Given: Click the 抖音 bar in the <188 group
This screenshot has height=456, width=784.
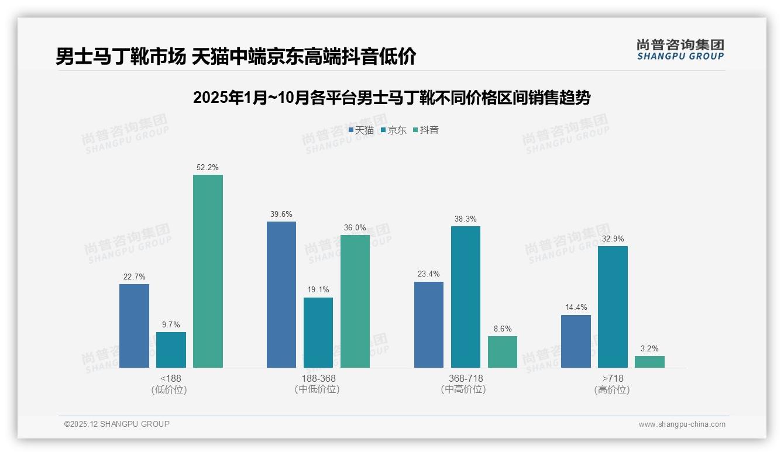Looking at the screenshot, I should pos(208,271).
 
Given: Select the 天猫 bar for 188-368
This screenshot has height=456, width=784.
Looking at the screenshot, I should pos(281,295).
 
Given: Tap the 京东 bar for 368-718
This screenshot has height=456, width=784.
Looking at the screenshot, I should pos(466,297).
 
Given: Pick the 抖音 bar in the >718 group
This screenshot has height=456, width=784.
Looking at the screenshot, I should pos(649,362).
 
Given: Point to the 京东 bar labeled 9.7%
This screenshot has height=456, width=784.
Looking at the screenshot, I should pos(171,350).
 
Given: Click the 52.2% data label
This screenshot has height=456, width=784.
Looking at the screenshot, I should pos(208,167).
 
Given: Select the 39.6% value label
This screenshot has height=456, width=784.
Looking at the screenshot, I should pos(281,214).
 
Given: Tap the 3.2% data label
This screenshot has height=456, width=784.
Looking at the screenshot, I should pos(649,348).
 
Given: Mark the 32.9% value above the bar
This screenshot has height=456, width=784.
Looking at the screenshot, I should pos(613,239).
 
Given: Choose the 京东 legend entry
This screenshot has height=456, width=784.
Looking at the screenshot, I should pos(394,130).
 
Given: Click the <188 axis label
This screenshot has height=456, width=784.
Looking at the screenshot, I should pos(170,378).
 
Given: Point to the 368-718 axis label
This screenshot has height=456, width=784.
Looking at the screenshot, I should pos(466,378).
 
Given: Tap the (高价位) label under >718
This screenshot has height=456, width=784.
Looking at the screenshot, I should pos(612,389).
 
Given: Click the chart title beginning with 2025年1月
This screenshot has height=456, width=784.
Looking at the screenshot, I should pos(391,98).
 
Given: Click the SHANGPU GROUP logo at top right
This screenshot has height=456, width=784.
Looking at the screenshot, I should pos(680,50).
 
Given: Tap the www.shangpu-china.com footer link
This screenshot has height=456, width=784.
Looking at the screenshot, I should pos(682,424).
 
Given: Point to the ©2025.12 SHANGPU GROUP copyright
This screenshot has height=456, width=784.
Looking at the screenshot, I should pos(117,424).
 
